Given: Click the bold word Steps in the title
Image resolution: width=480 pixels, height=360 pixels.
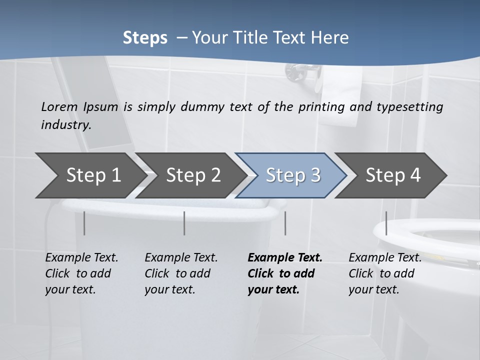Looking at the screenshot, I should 145,38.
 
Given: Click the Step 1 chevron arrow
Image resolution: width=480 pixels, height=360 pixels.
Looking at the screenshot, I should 90,175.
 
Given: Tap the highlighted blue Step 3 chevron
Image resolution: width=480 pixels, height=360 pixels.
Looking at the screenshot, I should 292,175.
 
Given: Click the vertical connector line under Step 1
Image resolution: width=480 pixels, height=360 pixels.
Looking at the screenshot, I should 84,223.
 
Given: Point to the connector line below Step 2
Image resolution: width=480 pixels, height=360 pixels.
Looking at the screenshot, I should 184,223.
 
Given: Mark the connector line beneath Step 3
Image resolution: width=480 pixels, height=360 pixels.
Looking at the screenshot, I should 285,223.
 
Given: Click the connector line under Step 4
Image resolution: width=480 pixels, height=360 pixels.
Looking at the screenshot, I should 386,223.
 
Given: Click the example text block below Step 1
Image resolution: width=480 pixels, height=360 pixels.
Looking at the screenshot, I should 81,273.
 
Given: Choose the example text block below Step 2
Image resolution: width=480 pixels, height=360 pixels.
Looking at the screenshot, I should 180,273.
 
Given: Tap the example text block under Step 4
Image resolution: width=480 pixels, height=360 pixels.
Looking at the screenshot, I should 384,273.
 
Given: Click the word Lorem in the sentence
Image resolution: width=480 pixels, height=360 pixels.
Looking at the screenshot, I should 59,106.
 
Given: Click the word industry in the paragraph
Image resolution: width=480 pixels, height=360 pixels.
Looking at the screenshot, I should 65,124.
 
